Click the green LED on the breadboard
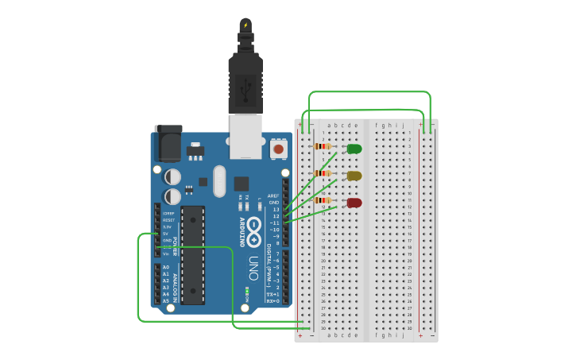[354, 149]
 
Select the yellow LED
[354, 176]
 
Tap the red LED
[354, 203]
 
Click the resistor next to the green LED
[322, 146]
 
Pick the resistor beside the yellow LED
[322, 172]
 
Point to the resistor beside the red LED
[322, 199]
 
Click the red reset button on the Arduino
[278, 149]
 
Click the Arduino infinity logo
[253, 231]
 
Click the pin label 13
[276, 210]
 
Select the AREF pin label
[273, 195]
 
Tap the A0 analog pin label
[166, 267]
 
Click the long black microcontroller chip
[193, 254]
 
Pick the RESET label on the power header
[168, 220]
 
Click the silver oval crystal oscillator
[219, 180]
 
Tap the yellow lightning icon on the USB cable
[245, 25]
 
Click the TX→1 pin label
[273, 294]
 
